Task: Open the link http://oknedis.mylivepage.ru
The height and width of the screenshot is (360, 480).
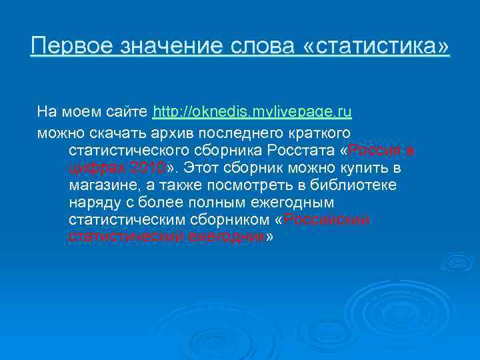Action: [x=253, y=111]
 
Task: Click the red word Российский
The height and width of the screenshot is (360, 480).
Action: [x=327, y=219]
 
